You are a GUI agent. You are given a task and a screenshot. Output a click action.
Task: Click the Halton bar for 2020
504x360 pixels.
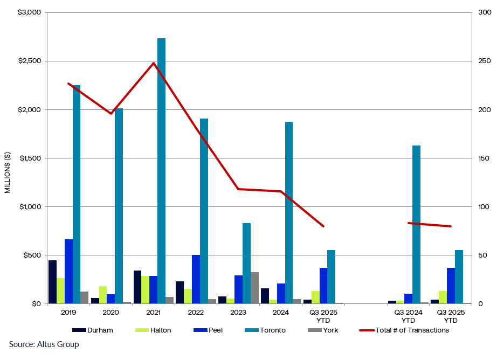pos(103,295)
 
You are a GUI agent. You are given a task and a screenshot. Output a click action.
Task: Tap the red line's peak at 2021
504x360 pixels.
pos(154,63)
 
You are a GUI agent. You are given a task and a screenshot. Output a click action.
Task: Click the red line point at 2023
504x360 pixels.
pos(238,189)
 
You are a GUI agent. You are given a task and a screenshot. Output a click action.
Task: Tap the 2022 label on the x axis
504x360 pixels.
pos(196,312)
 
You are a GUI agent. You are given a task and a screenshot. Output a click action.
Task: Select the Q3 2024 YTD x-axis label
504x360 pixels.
pos(408,316)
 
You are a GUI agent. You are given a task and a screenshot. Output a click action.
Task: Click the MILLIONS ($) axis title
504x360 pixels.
pos(8,172)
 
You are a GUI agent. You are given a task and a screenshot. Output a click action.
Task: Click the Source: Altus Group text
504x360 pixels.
pos(44,344)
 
